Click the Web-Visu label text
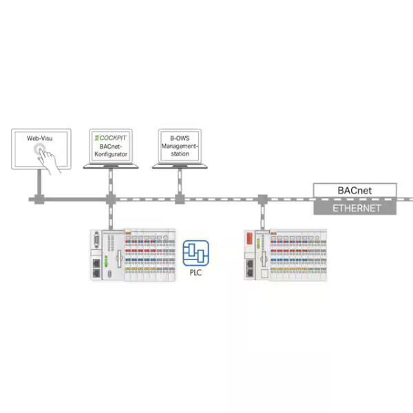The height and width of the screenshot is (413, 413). [x=39, y=138]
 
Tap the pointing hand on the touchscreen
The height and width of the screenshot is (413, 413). [x=48, y=160]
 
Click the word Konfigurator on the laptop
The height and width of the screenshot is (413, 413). [x=111, y=154]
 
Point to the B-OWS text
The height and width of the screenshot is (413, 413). [x=180, y=138]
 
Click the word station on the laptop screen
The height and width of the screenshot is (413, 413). [x=180, y=153]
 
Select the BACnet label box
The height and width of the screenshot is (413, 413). [x=354, y=190]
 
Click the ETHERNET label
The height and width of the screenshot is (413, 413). [x=357, y=209]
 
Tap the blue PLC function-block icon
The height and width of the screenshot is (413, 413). [x=195, y=253]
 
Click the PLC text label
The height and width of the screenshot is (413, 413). [x=195, y=273]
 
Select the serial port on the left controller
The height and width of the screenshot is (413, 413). [x=96, y=240]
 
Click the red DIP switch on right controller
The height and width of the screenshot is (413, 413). [x=249, y=238]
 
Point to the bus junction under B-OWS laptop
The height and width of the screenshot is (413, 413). [x=180, y=199]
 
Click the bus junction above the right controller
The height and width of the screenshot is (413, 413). [x=262, y=200]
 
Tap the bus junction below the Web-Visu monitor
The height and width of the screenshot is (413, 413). [x=39, y=200]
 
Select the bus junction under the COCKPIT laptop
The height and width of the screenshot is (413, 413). [x=111, y=199]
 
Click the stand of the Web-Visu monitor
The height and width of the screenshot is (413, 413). [x=39, y=182]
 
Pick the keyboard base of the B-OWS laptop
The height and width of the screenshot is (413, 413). [x=180, y=166]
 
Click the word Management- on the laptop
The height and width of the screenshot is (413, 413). [x=180, y=146]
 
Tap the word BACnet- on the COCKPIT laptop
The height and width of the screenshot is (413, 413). [x=111, y=146]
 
